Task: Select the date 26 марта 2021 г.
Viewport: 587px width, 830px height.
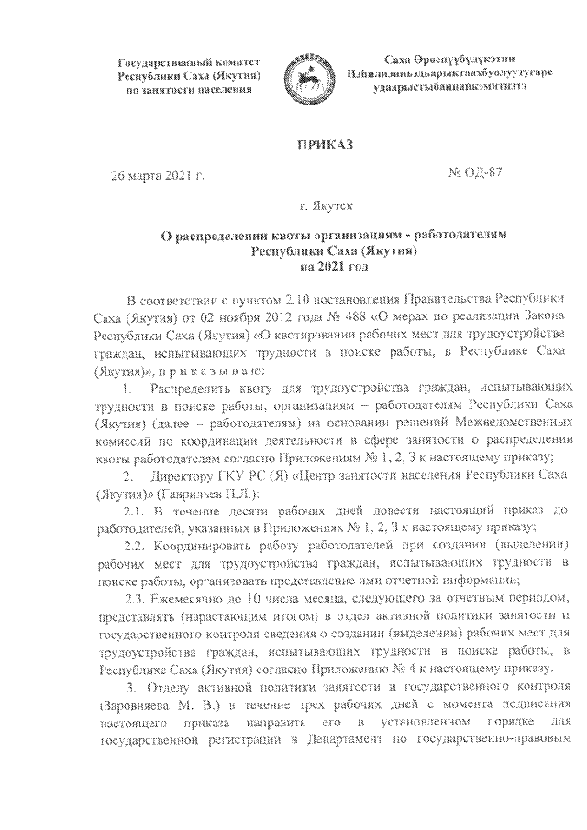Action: [157, 174]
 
